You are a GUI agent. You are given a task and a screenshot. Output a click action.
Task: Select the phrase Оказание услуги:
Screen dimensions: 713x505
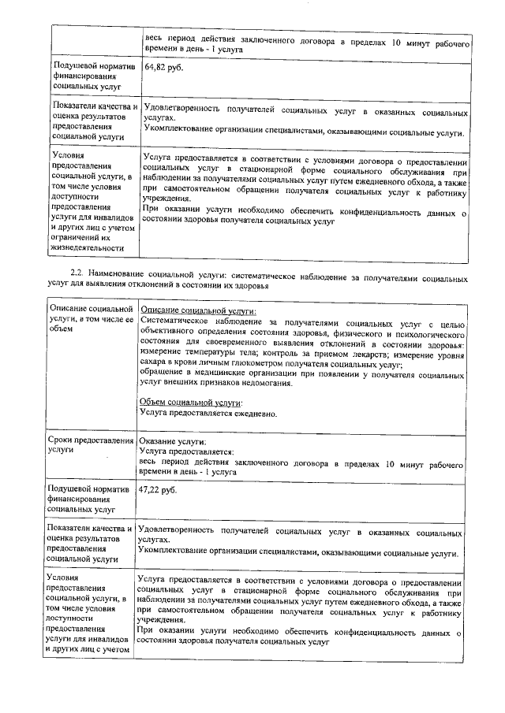click(x=171, y=441)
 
